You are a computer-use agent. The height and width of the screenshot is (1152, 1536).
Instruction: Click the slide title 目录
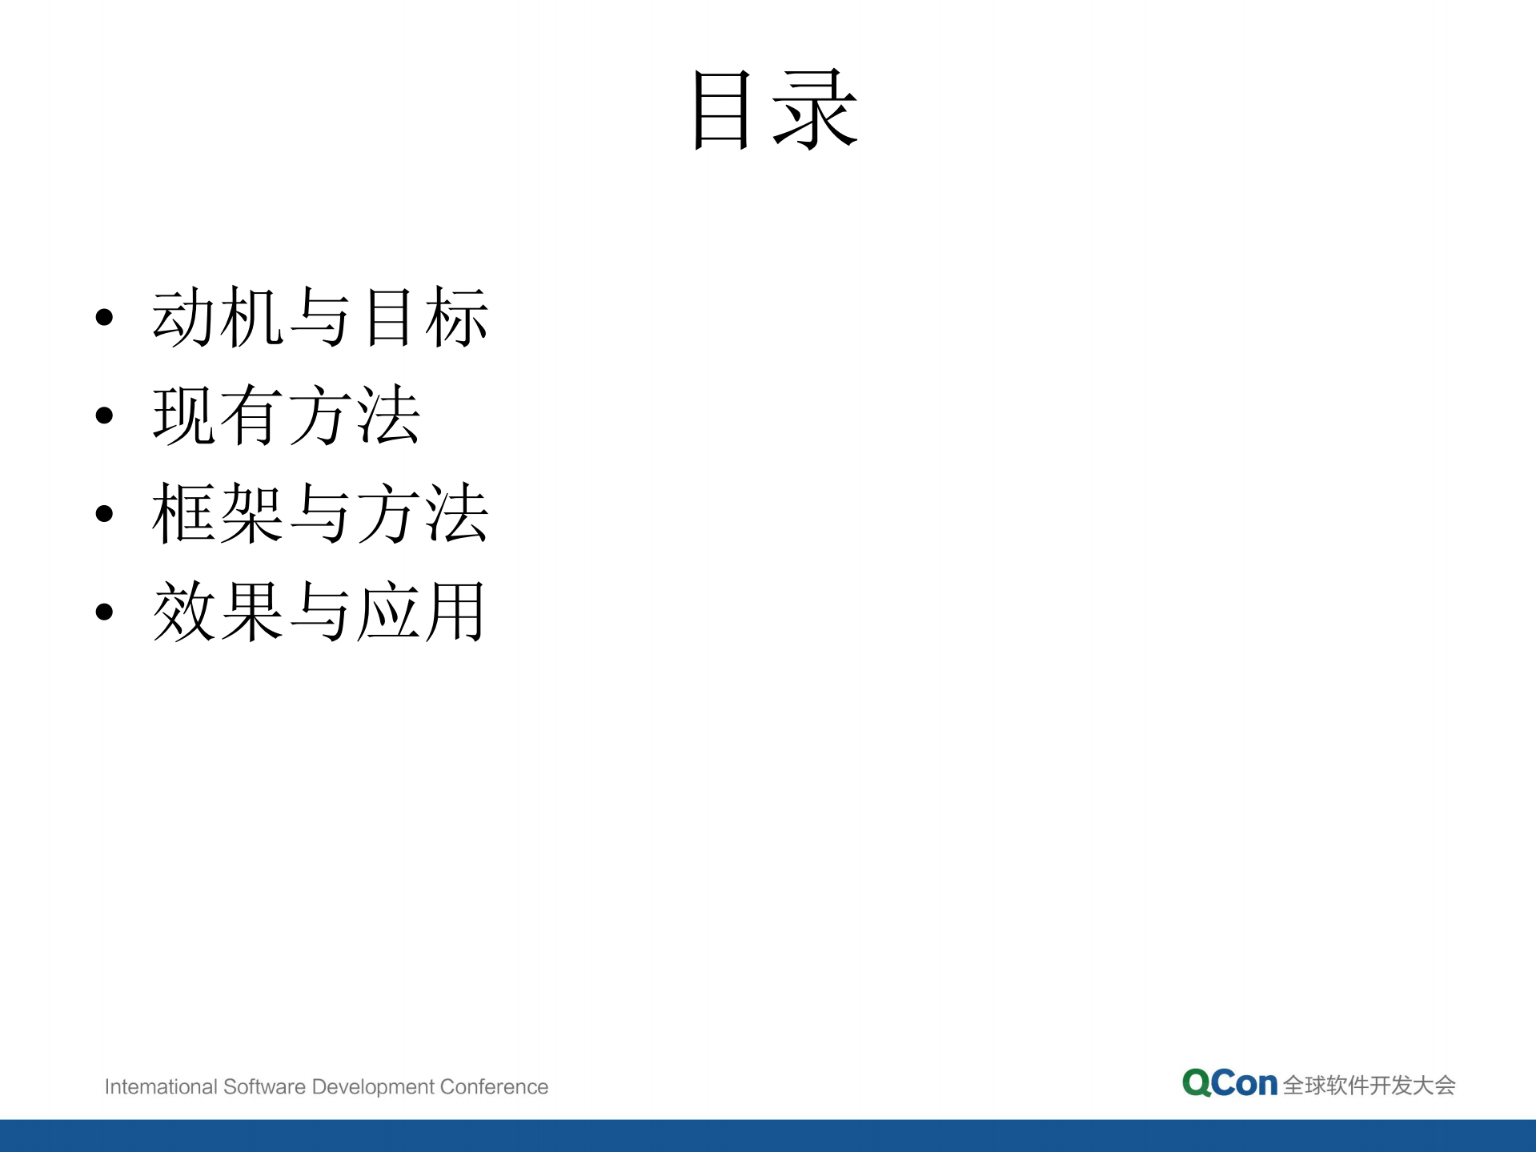pos(775,110)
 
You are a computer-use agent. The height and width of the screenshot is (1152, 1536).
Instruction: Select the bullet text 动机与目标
pos(320,317)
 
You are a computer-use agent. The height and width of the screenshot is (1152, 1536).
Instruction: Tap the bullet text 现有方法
pos(287,415)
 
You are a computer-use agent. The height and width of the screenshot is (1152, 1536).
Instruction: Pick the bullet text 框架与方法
pos(320,513)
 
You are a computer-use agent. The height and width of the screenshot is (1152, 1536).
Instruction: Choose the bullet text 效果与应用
pos(319,612)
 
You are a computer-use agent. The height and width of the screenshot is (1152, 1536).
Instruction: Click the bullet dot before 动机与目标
pos(104,318)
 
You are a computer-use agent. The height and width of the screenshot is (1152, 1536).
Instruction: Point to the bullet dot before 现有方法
pos(104,415)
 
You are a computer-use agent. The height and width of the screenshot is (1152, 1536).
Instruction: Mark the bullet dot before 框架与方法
pos(104,514)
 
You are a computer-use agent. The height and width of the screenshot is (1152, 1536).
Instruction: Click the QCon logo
pos(1229,1083)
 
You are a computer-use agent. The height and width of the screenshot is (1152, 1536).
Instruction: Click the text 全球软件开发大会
pos(1369,1086)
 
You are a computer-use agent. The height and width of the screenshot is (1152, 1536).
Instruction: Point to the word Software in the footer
pos(264,1086)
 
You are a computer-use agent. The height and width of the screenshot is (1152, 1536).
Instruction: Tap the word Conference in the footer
pos(494,1086)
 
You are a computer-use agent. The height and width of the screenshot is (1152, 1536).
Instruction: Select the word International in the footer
pos(161,1086)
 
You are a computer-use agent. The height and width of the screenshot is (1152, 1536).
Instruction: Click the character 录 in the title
pos(816,110)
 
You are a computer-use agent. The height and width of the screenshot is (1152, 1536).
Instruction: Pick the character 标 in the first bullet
pos(456,317)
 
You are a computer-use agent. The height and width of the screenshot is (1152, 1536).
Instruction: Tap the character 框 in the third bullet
pos(184,513)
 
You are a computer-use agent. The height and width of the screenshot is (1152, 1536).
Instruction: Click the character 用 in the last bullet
pos(455,612)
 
